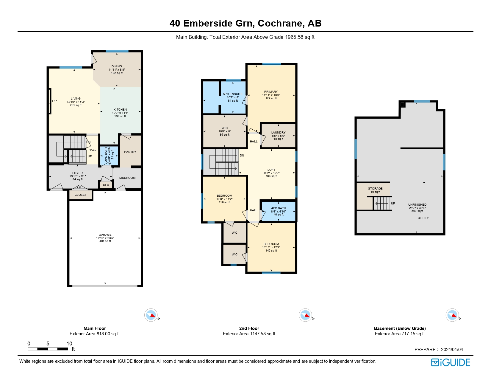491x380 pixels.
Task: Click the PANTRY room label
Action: coord(130,152)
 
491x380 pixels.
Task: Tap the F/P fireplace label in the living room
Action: coord(54,101)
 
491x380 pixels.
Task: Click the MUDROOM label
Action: coord(127,178)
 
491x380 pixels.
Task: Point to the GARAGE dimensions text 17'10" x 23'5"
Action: coord(105,238)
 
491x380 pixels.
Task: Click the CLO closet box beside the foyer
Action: coord(106,185)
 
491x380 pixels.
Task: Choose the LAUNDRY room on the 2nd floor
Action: coord(278,135)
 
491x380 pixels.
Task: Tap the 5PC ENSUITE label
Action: coord(233,94)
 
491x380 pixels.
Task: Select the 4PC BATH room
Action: coord(279,211)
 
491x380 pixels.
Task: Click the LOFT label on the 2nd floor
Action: coord(271,170)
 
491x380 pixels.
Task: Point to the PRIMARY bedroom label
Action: coord(271,91)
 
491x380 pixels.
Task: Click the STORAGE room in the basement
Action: coord(375,190)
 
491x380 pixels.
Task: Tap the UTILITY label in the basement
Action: coord(423,218)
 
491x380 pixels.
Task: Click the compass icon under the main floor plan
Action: coord(151,315)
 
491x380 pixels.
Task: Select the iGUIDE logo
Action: coord(450,362)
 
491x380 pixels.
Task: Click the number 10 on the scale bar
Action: coord(69,343)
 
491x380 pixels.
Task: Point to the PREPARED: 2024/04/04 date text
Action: coord(438,349)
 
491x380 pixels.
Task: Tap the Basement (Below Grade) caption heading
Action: coord(400,328)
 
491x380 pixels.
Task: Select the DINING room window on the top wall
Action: coord(117,51)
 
